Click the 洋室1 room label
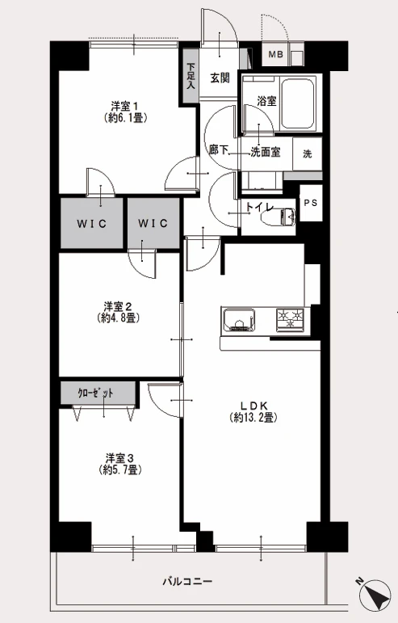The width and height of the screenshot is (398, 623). [124, 107]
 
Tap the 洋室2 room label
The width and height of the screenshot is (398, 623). [118, 306]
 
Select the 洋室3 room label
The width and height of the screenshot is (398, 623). [119, 458]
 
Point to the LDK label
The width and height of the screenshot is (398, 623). [253, 406]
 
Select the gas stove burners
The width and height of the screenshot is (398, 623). [290, 319]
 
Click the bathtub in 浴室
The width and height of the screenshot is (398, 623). [297, 103]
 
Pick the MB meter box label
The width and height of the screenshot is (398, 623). [275, 54]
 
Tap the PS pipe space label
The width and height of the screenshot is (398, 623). [311, 203]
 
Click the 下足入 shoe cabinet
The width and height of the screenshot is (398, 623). [191, 75]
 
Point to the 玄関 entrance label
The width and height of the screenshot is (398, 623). [220, 78]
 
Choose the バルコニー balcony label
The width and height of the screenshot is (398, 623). [187, 582]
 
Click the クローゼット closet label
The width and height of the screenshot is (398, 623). [95, 394]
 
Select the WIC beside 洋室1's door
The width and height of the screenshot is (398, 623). [92, 223]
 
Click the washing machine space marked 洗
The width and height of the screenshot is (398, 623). [308, 154]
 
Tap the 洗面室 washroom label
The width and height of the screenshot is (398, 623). [265, 152]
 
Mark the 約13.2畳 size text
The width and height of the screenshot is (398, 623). [253, 418]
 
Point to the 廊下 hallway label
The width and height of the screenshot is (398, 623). [219, 149]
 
